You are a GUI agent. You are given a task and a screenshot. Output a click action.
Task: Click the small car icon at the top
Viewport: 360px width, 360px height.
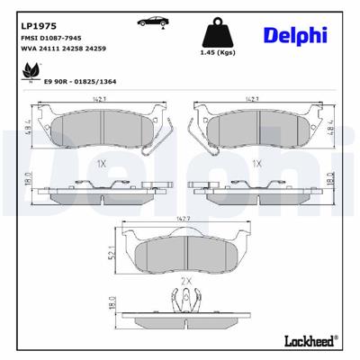pyautogui.click(x=146, y=20)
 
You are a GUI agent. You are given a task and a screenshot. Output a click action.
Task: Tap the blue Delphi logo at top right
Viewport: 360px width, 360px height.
pyautogui.click(x=295, y=36)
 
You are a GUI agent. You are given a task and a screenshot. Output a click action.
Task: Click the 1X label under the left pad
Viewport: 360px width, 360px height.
pyautogui.click(x=102, y=165)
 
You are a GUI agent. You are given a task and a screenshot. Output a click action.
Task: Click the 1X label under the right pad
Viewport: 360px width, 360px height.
pyautogui.click(x=256, y=165)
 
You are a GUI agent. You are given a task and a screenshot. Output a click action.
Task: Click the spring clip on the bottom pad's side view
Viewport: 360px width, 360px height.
pyautogui.click(x=184, y=300)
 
